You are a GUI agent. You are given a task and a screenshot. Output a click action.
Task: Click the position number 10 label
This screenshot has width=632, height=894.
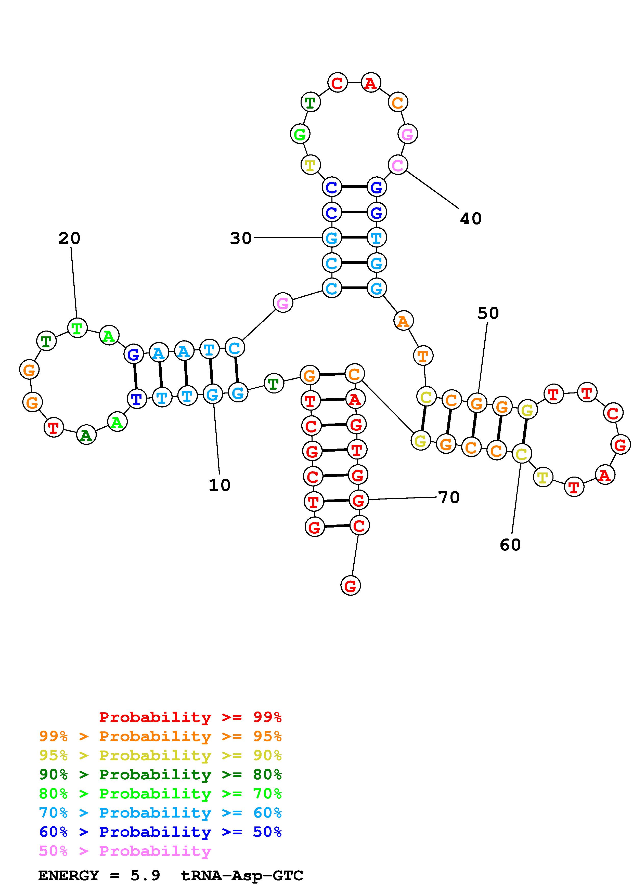(220, 485)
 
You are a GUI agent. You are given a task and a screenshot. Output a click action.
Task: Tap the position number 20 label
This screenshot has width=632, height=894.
(69, 238)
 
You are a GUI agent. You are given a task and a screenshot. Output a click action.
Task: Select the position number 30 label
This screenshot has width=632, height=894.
(241, 238)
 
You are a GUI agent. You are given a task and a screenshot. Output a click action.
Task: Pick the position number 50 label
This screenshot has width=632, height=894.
(488, 313)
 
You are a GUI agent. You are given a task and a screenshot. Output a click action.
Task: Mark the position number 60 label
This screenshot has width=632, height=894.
(510, 545)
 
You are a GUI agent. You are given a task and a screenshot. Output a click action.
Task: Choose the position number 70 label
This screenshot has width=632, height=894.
(449, 497)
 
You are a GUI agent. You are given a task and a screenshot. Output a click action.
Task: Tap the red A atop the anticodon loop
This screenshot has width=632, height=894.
(371, 83)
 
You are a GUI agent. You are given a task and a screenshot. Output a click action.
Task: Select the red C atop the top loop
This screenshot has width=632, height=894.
(337, 83)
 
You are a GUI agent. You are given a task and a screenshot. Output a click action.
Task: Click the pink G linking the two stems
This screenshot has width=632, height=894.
(283, 303)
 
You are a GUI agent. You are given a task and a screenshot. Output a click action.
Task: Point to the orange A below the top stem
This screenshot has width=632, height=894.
(403, 321)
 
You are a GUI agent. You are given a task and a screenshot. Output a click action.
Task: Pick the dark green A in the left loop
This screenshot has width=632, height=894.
(86, 435)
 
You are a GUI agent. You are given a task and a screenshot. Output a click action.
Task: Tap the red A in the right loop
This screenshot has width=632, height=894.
(604, 475)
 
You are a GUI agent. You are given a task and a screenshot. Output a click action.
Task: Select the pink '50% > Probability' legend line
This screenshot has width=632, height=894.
(125, 851)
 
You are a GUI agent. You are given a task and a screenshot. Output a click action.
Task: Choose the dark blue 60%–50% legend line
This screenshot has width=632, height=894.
(160, 832)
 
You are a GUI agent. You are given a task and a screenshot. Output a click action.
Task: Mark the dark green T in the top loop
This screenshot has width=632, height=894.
(310, 102)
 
